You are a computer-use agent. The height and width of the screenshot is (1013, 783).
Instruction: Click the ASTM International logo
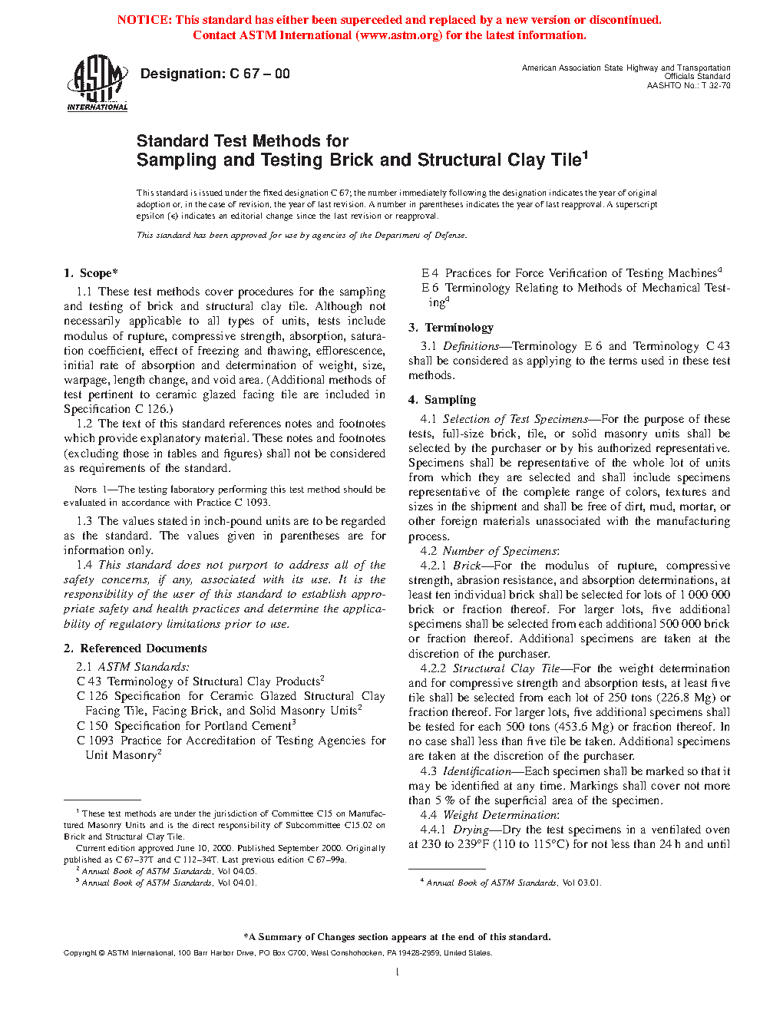click(97, 83)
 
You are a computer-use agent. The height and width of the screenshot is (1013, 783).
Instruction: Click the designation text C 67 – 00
click(259, 74)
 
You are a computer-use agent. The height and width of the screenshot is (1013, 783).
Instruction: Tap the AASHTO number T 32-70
click(715, 85)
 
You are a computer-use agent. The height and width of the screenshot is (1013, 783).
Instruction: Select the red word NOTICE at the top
click(144, 20)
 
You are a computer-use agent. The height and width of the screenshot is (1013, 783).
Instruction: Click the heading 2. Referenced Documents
click(135, 648)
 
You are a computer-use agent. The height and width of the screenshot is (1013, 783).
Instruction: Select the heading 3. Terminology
click(451, 328)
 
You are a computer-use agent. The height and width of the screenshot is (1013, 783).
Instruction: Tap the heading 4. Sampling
click(442, 400)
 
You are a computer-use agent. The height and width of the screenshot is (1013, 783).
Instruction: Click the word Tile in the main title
click(566, 160)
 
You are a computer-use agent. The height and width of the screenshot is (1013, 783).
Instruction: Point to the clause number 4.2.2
click(433, 668)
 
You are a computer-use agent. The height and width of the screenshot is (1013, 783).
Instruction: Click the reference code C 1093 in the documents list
click(95, 741)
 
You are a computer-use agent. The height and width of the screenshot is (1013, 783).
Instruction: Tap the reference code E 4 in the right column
click(430, 273)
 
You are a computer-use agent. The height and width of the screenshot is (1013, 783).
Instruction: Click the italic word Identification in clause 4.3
click(477, 771)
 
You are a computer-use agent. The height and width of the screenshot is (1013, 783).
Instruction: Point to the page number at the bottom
click(397, 972)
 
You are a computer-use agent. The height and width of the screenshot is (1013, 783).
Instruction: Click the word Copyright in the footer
click(80, 953)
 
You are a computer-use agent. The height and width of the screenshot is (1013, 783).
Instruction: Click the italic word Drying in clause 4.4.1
click(471, 830)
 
